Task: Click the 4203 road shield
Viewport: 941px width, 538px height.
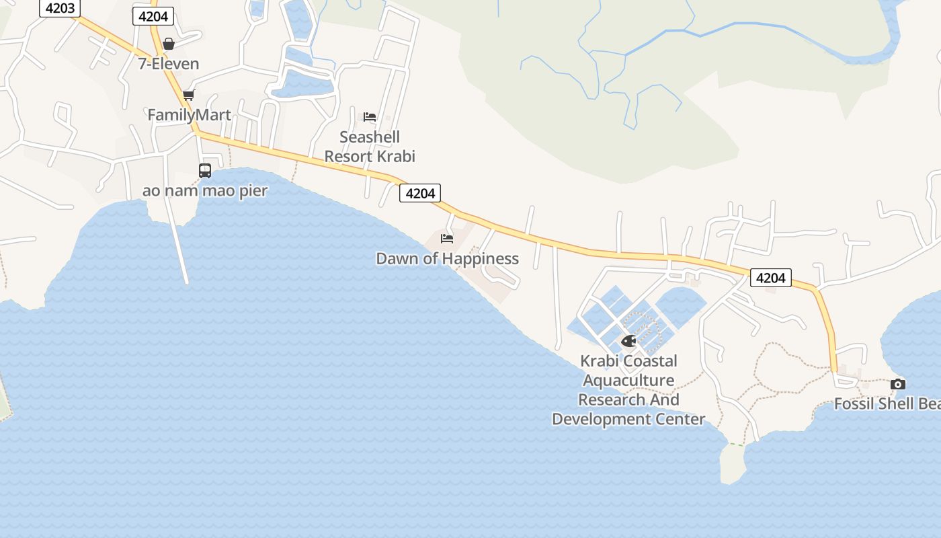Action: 60,9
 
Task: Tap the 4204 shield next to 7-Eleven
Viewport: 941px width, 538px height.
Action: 153,16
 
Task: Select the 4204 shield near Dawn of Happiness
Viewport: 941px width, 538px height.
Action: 420,194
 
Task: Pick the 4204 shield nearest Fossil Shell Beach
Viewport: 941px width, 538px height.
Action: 770,278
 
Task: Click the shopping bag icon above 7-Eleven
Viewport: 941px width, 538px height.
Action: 169,44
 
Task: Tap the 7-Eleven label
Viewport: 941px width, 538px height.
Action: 169,64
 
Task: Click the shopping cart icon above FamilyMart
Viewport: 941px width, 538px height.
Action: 189,95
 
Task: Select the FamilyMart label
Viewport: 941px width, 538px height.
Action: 190,115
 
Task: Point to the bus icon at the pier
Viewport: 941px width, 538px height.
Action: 205,171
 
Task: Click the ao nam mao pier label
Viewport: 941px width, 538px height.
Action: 205,191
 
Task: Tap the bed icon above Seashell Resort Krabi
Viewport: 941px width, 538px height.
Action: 370,116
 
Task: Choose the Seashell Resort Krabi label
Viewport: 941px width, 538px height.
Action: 370,147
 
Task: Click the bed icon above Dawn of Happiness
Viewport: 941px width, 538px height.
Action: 447,238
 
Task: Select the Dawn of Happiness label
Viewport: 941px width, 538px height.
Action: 447,259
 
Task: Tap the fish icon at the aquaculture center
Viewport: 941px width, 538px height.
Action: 628,341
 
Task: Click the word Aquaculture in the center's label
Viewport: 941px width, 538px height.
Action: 628,381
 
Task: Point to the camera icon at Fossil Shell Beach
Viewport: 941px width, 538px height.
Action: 898,384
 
